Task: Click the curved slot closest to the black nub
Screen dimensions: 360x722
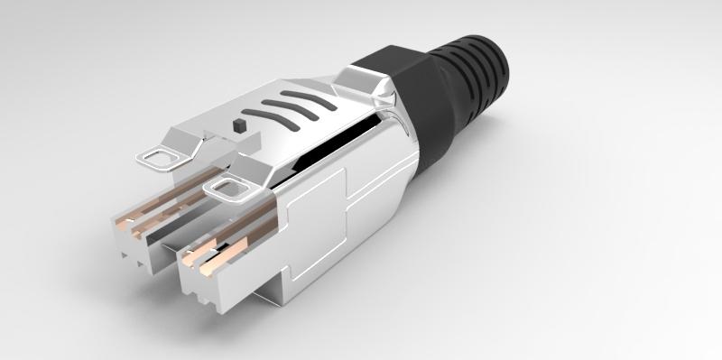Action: pos(272,116)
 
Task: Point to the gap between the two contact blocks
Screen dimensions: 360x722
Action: pos(168,254)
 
